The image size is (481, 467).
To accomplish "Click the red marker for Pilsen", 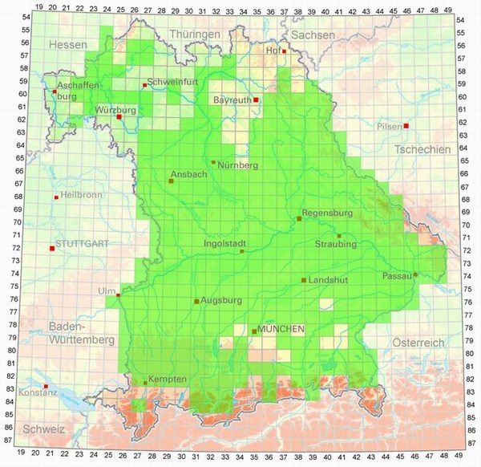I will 406,126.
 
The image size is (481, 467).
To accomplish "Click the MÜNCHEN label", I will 281,330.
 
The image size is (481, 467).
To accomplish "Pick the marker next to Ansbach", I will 171,181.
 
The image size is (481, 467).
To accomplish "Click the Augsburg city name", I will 222,301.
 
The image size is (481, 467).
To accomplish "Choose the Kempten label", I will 168,379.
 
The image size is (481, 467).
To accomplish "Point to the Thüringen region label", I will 195,35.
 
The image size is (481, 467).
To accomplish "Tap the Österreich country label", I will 418,343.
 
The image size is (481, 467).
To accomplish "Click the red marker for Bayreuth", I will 256,100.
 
